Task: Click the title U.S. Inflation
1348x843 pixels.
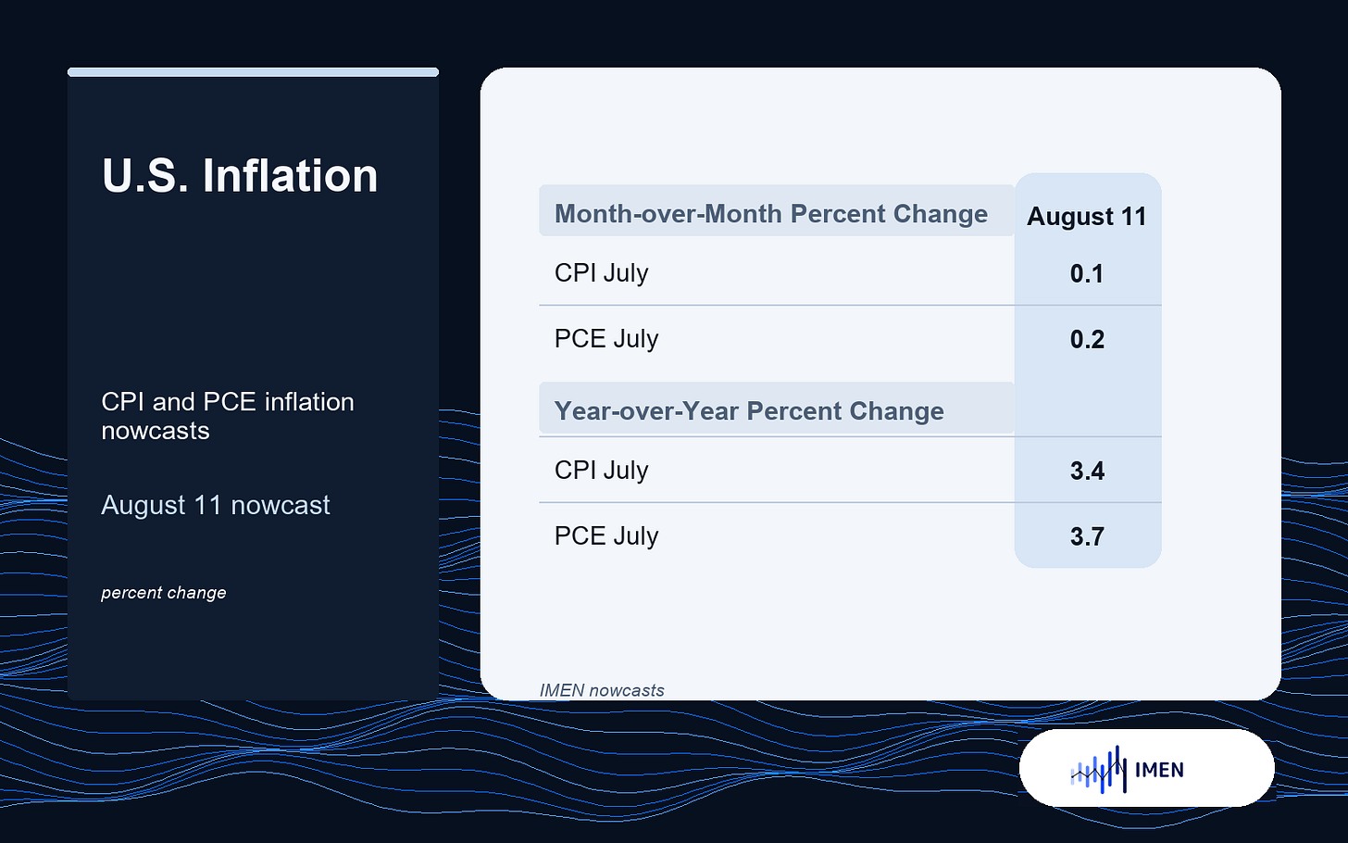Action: pos(240,175)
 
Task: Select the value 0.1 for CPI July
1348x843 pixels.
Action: pos(1087,274)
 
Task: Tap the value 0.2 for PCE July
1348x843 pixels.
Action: pos(1087,340)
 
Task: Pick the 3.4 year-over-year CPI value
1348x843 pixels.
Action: pos(1087,471)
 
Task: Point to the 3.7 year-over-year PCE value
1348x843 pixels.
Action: pos(1087,536)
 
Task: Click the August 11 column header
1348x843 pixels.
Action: pos(1087,216)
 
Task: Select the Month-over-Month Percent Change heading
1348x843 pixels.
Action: pos(771,214)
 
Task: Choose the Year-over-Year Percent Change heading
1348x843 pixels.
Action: pos(749,411)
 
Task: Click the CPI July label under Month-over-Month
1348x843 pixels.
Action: pos(601,273)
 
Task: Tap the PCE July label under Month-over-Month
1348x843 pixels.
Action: pos(606,339)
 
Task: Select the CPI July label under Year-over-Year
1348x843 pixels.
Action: pos(601,471)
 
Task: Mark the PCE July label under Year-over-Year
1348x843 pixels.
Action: pos(606,535)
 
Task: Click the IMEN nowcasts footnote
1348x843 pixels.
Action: pos(602,690)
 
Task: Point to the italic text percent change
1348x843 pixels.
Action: pos(164,593)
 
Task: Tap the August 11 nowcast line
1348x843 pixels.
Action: pos(216,505)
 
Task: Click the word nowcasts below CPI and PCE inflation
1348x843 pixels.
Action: pos(156,431)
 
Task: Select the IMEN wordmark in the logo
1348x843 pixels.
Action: pos(1159,770)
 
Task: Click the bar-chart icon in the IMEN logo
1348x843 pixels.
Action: pos(1098,770)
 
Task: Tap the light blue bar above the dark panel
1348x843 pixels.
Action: pos(253,72)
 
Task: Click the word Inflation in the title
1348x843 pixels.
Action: pos(290,175)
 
